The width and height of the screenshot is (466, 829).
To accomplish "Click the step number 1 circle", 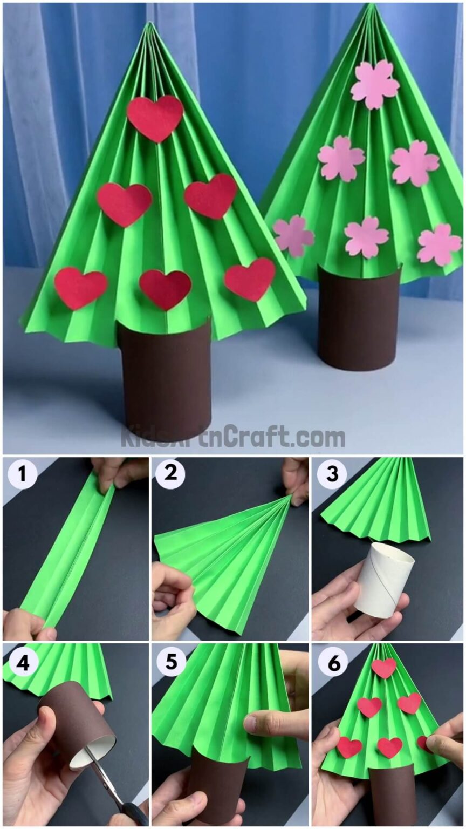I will click(x=22, y=475).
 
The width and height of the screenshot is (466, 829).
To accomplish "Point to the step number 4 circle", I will click(x=22, y=663).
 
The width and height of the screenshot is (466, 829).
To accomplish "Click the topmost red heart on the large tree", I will click(x=155, y=117).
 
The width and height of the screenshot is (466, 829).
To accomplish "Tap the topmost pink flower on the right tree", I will click(x=375, y=84).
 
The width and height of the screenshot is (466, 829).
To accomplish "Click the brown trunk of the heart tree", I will click(x=165, y=378).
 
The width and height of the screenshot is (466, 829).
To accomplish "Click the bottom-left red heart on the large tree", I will click(x=80, y=287).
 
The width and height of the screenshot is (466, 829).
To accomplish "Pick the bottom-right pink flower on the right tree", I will click(x=439, y=244).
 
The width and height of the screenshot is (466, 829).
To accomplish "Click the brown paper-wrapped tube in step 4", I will click(x=76, y=721).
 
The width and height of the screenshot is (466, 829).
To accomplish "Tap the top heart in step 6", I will click(x=384, y=668).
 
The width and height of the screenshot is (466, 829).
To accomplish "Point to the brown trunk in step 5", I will click(x=216, y=788).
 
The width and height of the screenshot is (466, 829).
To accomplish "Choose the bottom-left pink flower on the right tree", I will click(x=293, y=236).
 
